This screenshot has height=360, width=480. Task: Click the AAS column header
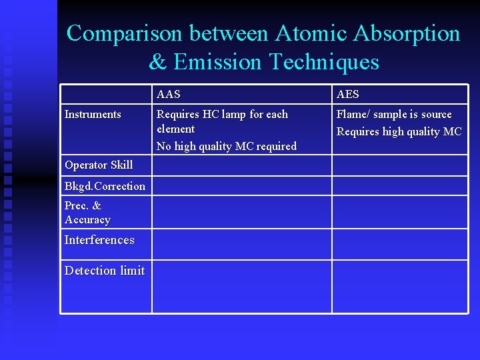click(168, 95)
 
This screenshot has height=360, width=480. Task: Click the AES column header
click(348, 95)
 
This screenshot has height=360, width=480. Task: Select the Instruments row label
click(93, 115)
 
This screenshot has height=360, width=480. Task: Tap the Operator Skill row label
click(99, 165)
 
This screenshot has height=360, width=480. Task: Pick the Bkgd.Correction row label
click(105, 186)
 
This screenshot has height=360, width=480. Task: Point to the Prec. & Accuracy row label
click(87, 213)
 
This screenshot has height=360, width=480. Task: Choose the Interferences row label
click(99, 240)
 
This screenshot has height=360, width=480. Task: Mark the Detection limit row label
click(105, 271)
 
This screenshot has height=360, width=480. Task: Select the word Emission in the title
click(218, 62)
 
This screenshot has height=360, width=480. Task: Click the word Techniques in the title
click(324, 62)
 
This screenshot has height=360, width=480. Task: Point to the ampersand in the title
click(158, 62)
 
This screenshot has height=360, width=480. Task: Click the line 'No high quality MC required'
click(227, 146)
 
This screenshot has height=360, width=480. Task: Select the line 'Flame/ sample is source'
click(394, 115)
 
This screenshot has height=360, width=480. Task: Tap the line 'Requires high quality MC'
click(399, 132)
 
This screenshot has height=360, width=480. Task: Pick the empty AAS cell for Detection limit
click(241, 287)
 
